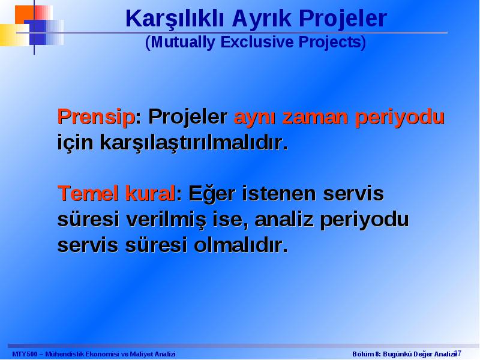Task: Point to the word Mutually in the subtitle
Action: click(x=182, y=42)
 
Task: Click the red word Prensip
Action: click(x=96, y=117)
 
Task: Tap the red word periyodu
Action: click(x=400, y=118)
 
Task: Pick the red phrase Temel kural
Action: click(x=116, y=193)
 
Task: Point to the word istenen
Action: click(x=278, y=194)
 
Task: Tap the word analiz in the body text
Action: click(x=284, y=219)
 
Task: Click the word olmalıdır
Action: click(x=241, y=245)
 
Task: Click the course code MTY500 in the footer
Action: click(x=25, y=354)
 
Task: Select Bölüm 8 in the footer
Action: click(x=365, y=354)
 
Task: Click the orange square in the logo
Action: click(x=24, y=14)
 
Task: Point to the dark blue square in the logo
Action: click(x=35, y=32)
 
